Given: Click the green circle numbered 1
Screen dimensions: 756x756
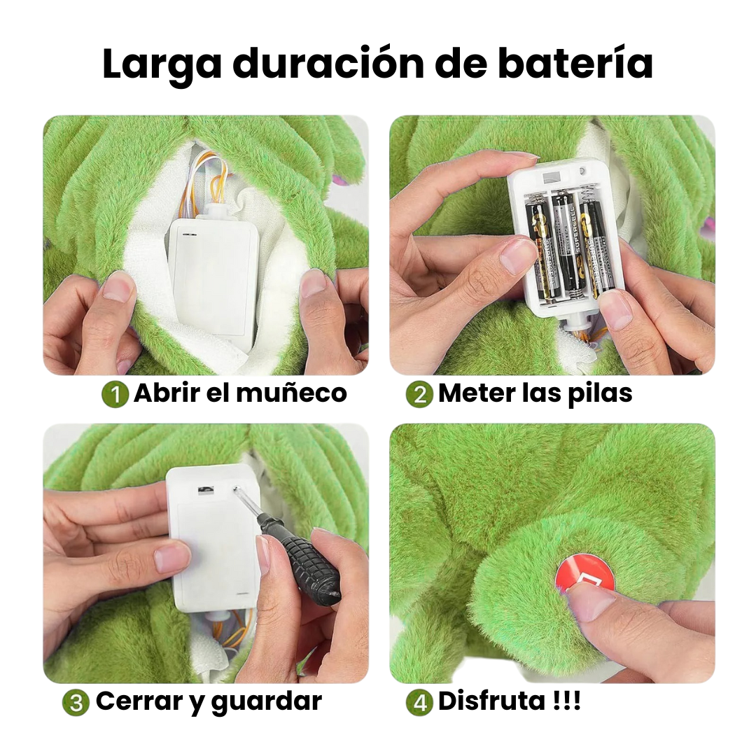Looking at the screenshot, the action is [x=115, y=394].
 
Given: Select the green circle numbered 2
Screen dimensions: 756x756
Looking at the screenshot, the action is [x=419, y=394].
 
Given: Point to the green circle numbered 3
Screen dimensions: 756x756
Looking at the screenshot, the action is [x=76, y=703].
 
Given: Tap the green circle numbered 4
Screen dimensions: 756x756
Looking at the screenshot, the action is [x=419, y=703].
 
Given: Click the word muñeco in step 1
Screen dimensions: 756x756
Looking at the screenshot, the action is [x=291, y=393].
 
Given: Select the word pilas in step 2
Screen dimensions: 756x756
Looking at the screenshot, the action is [x=599, y=393].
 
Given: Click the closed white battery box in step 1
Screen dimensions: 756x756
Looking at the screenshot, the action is [x=213, y=275].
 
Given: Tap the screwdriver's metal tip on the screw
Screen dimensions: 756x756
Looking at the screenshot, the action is [x=237, y=490].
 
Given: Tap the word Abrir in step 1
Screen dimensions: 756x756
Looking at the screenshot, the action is [x=167, y=393].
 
